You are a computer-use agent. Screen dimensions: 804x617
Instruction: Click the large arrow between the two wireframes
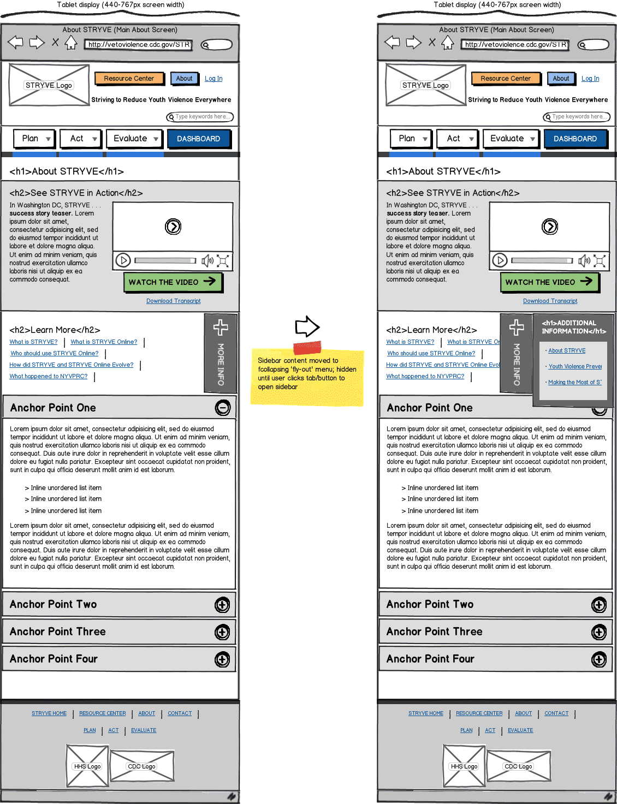(x=307, y=326)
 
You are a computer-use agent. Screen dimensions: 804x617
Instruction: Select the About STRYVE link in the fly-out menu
(x=567, y=350)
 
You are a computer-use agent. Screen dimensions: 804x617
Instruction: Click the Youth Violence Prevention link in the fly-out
(x=575, y=366)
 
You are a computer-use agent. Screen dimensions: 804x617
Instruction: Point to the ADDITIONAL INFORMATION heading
(x=573, y=327)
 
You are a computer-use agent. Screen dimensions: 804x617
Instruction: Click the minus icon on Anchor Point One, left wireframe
(x=222, y=407)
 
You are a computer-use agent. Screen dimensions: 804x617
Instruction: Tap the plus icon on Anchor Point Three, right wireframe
(x=599, y=632)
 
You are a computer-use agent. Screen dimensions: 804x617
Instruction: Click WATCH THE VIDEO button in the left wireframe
(x=173, y=282)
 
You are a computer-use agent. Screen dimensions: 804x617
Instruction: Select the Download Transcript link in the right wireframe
(x=550, y=301)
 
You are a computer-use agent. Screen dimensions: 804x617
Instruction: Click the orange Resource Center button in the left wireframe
(x=129, y=79)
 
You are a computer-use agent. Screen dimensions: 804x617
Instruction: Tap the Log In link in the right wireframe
(x=590, y=79)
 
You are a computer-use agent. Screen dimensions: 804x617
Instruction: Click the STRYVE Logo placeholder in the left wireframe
(x=49, y=85)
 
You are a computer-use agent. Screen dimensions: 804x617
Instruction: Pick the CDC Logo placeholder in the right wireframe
(x=518, y=766)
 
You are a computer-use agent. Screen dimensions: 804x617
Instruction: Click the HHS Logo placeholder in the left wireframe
(x=87, y=766)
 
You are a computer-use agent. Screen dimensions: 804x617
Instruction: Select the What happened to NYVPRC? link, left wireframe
(x=49, y=376)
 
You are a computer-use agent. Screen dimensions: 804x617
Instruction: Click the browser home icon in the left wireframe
(x=71, y=43)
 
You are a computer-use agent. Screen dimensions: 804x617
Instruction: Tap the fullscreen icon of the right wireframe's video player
(x=600, y=261)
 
